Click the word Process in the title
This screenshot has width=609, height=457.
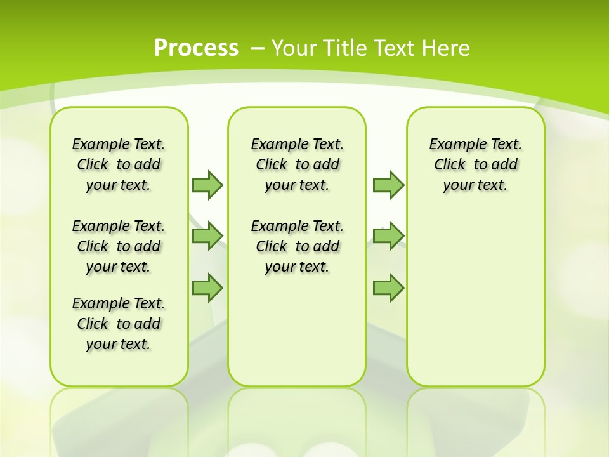[196, 48]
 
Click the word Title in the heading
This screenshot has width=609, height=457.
[346, 48]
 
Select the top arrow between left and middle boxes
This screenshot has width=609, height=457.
[207, 185]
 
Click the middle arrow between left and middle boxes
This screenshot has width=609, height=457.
[207, 236]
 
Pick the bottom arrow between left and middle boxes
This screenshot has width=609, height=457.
[207, 288]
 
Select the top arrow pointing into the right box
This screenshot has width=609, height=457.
[388, 185]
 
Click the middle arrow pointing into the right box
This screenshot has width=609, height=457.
[388, 236]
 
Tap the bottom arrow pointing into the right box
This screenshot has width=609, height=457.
[388, 288]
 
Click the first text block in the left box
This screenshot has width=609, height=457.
[119, 164]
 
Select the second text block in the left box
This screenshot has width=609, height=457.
[119, 246]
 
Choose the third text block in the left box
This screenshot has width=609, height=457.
[119, 324]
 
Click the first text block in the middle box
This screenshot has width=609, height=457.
[297, 164]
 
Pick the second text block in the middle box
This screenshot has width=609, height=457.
[297, 246]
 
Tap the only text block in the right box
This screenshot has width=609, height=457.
[475, 164]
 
